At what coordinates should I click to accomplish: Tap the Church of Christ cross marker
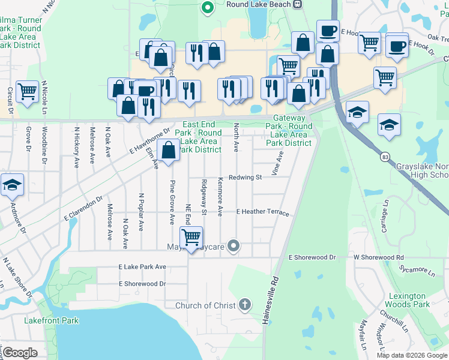(244, 305)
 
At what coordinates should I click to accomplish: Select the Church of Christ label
(205, 305)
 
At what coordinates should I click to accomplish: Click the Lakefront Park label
(51, 321)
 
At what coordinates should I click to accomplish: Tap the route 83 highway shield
(382, 157)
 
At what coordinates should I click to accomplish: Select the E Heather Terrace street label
(262, 213)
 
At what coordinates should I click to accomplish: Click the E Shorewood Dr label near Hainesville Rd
(313, 257)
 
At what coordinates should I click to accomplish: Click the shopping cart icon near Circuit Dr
(28, 91)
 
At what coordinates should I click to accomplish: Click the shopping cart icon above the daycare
(191, 236)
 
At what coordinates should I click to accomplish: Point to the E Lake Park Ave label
(142, 266)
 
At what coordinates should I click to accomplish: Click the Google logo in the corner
(20, 353)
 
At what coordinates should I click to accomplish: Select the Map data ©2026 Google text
(412, 355)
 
